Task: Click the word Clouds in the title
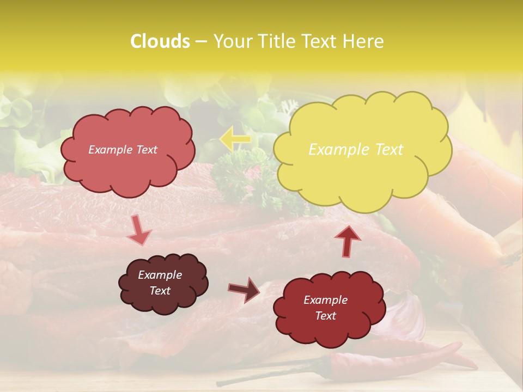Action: (x=160, y=41)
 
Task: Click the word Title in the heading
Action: (x=273, y=41)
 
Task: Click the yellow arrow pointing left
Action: (x=235, y=139)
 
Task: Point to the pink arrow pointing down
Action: (x=138, y=230)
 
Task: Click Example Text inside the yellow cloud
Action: (x=356, y=150)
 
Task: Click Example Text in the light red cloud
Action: (x=123, y=150)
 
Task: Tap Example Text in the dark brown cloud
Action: (x=160, y=283)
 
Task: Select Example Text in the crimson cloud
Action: (x=325, y=308)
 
